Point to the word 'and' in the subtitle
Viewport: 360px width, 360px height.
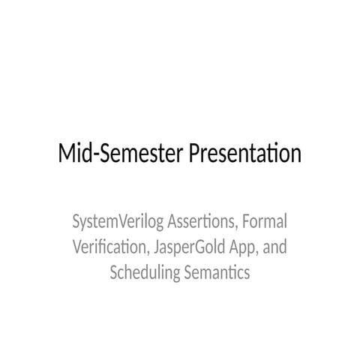click(x=274, y=247)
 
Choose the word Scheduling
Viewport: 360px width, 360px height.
click(x=145, y=273)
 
